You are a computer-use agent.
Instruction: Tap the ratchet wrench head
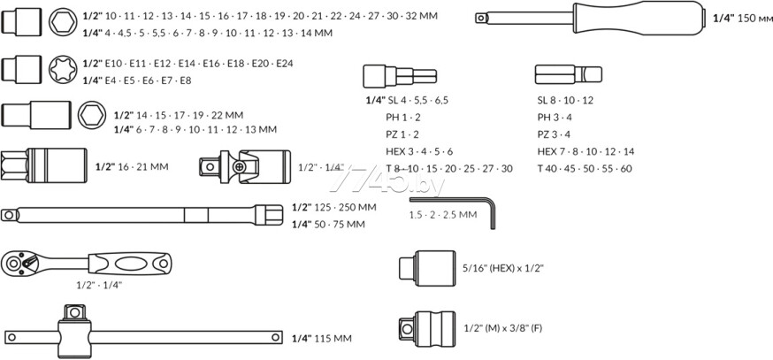19,264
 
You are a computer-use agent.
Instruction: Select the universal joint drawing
245,166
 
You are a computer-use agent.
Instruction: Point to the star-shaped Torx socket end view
63,70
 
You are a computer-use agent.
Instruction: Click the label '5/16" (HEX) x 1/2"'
503,268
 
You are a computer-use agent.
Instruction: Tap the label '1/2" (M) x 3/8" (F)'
503,328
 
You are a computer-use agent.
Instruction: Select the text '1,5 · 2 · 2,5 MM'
443,215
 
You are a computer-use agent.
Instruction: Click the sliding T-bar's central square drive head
74,312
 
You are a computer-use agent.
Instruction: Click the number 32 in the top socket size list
411,16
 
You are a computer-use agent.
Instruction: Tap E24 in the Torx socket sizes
285,64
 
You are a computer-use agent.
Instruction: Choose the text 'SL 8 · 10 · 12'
565,100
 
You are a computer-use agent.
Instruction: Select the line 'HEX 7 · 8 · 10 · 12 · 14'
585,151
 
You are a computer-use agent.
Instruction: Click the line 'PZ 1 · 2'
402,134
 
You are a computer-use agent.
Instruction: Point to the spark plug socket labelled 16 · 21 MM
44,165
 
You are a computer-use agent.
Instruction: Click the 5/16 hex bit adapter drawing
427,268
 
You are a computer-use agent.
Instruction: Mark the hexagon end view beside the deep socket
92,115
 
